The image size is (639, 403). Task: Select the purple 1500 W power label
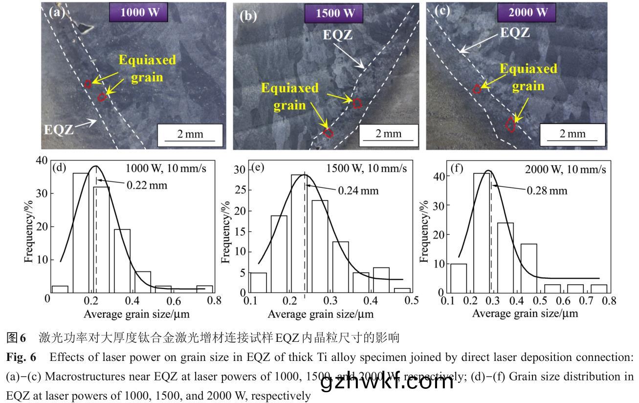pos(335,13)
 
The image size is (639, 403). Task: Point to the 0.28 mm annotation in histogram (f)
pos(547,190)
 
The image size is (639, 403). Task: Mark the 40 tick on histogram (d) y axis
pos(43,161)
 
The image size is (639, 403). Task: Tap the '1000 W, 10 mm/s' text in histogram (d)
pos(166,169)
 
